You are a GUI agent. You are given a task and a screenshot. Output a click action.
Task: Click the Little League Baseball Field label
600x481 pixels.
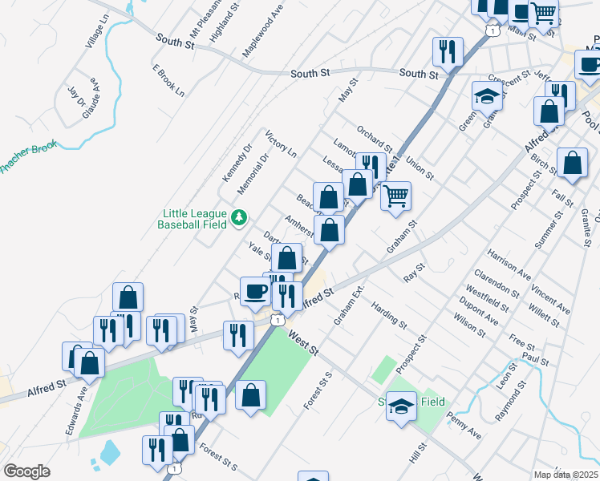click(193, 220)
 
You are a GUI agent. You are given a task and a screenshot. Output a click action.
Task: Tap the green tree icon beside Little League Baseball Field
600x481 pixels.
click(238, 217)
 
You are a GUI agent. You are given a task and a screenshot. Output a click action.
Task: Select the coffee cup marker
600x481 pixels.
click(256, 291)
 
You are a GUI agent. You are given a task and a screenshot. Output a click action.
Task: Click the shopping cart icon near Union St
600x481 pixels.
click(395, 195)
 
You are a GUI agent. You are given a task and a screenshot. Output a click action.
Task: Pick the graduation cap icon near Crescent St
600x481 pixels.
click(487, 96)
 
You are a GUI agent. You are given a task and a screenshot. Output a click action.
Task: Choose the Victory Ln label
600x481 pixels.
click(281, 143)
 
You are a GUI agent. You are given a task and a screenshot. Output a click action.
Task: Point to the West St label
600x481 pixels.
click(303, 344)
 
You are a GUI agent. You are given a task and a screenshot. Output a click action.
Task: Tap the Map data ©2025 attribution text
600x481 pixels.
click(566, 475)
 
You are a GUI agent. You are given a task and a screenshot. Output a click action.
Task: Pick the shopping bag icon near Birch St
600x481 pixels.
click(572, 163)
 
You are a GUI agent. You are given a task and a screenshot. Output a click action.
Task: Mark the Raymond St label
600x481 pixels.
click(511, 402)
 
